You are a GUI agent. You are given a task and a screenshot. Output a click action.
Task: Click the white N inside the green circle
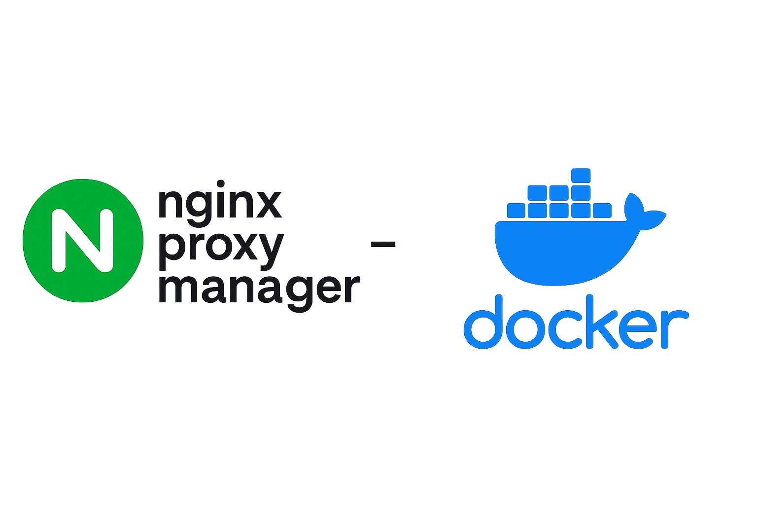(82, 241)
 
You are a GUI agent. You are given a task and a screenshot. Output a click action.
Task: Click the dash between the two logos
(382, 243)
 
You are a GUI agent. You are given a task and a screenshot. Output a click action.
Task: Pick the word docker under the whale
(575, 323)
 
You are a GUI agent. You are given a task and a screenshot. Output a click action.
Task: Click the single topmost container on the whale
(581, 176)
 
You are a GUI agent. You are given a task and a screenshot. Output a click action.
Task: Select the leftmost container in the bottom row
(516, 211)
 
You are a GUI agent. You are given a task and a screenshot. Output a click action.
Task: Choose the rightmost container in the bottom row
(602, 211)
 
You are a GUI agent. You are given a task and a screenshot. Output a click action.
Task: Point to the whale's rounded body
(557, 252)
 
